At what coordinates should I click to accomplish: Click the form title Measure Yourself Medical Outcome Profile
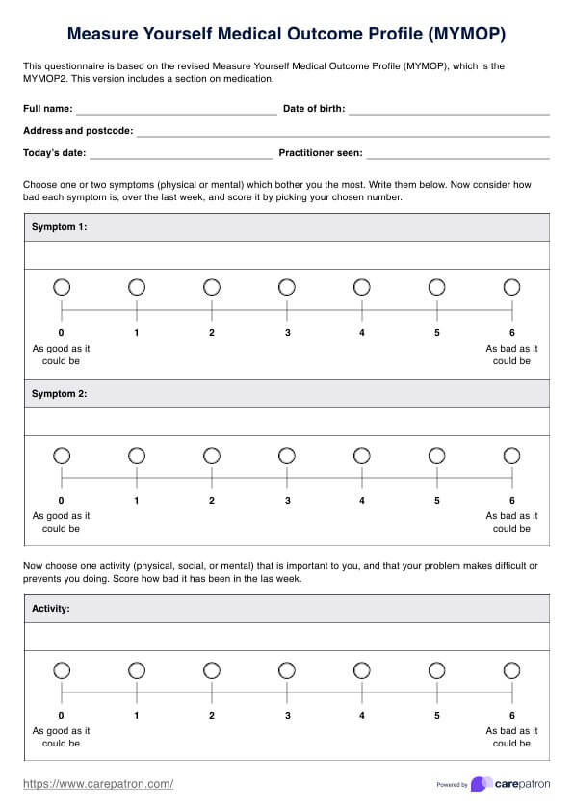286,35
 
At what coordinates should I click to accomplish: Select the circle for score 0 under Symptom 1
62,287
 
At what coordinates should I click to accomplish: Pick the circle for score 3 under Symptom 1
287,287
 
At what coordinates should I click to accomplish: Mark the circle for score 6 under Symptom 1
511,287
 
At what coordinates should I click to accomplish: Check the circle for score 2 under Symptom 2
212,455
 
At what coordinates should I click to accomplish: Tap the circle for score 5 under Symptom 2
436,455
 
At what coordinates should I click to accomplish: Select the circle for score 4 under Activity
362,669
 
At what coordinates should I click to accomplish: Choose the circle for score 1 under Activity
137,669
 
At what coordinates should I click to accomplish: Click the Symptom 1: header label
60,227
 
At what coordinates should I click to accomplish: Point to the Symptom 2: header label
60,394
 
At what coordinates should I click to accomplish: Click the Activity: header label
51,609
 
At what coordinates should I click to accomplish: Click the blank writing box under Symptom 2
286,422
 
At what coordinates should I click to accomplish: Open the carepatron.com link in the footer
97,784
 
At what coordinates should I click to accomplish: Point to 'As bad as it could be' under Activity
511,737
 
